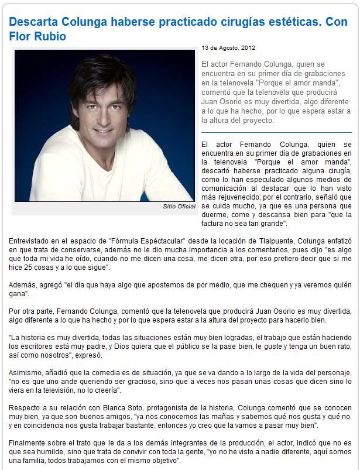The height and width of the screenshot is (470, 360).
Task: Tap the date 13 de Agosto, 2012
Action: pyautogui.click(x=228, y=48)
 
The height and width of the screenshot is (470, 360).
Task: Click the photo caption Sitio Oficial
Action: pyautogui.click(x=179, y=207)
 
